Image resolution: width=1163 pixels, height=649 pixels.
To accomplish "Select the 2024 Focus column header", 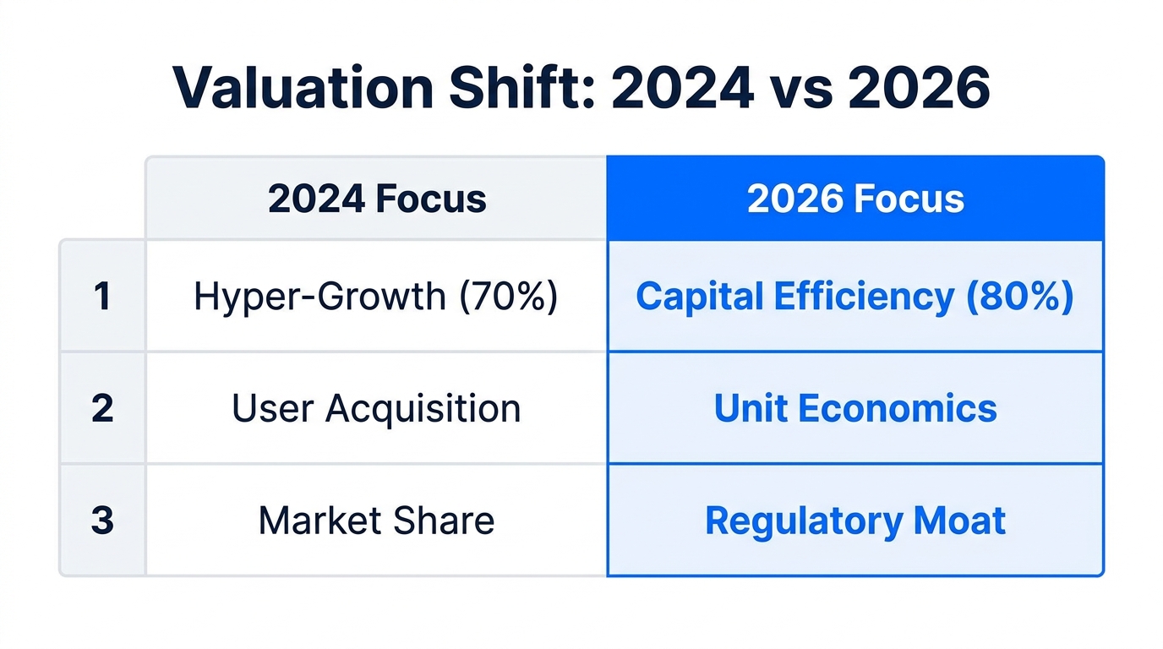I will click(377, 199).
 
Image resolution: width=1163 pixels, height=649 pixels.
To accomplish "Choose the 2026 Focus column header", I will click(855, 199).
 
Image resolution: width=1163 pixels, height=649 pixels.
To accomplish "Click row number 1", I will click(102, 297).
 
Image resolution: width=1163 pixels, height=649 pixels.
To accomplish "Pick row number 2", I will click(102, 408).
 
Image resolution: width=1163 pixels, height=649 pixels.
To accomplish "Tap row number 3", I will click(102, 521).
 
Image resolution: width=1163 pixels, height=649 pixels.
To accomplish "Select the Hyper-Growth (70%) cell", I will click(376, 297).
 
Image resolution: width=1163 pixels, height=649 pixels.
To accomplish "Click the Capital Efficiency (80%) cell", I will click(855, 297).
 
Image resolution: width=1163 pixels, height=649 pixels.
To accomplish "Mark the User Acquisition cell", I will click(376, 408).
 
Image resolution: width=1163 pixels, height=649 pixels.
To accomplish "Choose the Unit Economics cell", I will click(855, 408).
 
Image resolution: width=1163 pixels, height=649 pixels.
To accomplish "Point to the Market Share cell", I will click(376, 521).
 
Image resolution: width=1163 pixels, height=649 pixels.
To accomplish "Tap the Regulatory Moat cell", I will click(855, 521).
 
